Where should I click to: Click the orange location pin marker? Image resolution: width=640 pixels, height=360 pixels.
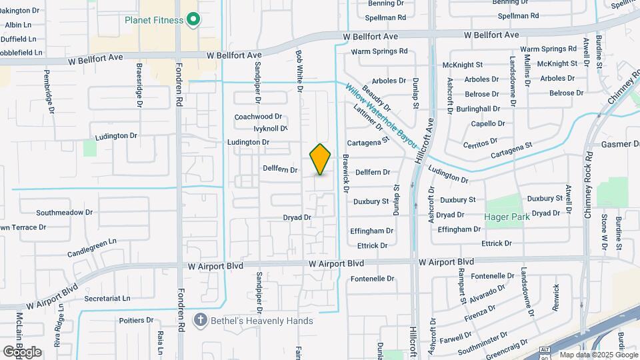(320, 159)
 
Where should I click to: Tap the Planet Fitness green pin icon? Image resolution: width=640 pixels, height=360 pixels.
(193, 20)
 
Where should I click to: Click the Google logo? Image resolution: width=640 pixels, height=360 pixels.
(21, 351)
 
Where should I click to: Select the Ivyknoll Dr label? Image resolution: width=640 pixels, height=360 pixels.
(270, 129)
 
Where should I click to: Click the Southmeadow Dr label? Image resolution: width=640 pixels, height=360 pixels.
(64, 213)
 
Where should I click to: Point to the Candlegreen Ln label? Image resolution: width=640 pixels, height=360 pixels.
(92, 248)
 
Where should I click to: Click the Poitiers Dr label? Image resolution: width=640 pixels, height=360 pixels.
(136, 320)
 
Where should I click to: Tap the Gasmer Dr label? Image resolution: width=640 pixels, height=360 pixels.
(620, 145)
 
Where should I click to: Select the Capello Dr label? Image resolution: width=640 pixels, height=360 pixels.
(488, 123)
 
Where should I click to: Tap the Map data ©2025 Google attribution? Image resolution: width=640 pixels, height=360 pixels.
(599, 355)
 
